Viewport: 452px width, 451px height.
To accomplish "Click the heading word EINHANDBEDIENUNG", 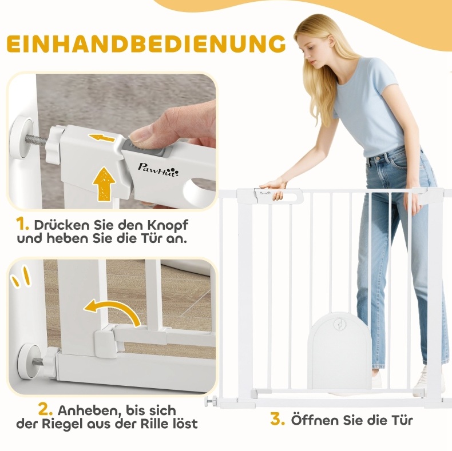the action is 146,44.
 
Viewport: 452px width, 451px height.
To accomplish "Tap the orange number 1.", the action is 22,224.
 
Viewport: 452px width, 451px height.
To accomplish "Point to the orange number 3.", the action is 277,419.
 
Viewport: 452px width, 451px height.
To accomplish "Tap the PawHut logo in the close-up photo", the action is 158,169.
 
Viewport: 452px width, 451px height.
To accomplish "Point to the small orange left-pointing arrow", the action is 102,138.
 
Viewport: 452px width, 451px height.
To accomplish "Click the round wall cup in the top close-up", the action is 22,138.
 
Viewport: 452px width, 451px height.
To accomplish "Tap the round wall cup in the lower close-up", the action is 28,361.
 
